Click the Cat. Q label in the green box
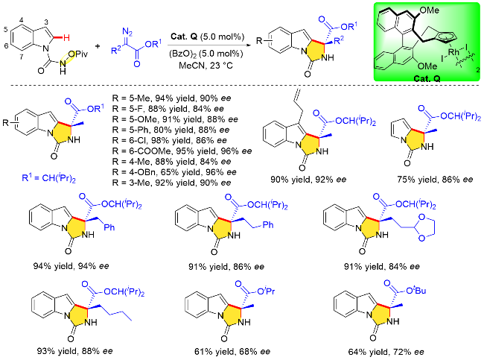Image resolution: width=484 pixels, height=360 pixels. pos(418,72)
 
